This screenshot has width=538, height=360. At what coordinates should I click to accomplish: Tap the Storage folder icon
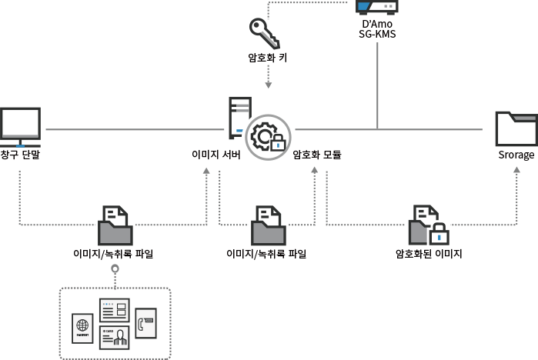(516, 128)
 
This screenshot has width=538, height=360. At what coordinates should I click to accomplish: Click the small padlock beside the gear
(277, 142)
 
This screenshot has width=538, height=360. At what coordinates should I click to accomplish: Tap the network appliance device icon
(377, 8)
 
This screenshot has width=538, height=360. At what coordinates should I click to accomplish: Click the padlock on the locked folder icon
(439, 234)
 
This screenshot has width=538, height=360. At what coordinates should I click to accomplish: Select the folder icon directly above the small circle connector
(115, 225)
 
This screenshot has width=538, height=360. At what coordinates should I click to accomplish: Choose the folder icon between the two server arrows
(268, 225)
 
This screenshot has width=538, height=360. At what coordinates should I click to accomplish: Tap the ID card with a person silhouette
(114, 337)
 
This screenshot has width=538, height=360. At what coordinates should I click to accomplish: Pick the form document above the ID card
(114, 310)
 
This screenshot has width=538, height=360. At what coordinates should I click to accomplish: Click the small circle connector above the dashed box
(115, 268)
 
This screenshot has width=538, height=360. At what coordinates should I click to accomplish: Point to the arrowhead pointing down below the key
(268, 87)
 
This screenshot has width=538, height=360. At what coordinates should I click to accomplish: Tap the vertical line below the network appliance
(377, 85)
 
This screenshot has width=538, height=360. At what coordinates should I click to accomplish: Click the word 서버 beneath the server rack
(232, 155)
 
